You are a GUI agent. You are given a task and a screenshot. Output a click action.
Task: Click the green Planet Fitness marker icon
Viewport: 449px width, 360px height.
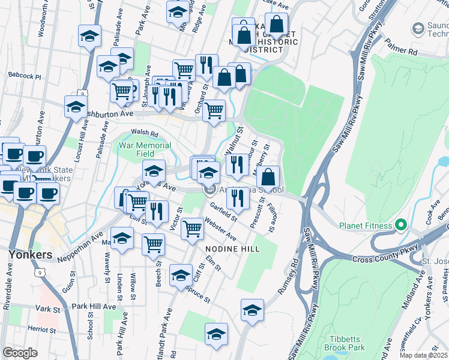coord(401,226)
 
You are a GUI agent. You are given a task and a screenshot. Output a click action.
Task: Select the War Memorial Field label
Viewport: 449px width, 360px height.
coord(145,149)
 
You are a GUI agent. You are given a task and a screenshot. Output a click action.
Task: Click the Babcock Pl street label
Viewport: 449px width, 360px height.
coord(25,76)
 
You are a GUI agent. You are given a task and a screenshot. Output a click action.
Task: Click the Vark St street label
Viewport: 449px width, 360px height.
coord(45,308)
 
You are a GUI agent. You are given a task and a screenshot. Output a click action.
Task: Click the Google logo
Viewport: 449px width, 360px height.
coord(20,352)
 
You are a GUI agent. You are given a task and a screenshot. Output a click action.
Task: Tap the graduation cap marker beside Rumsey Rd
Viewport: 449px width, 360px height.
coord(252,310)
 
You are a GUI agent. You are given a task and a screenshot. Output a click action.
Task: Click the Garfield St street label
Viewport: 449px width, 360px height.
coord(224,211)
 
